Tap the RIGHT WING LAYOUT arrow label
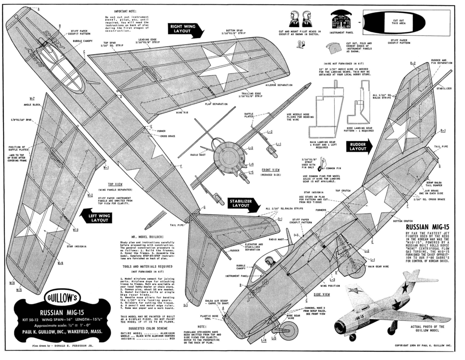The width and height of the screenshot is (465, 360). click(x=184, y=30)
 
